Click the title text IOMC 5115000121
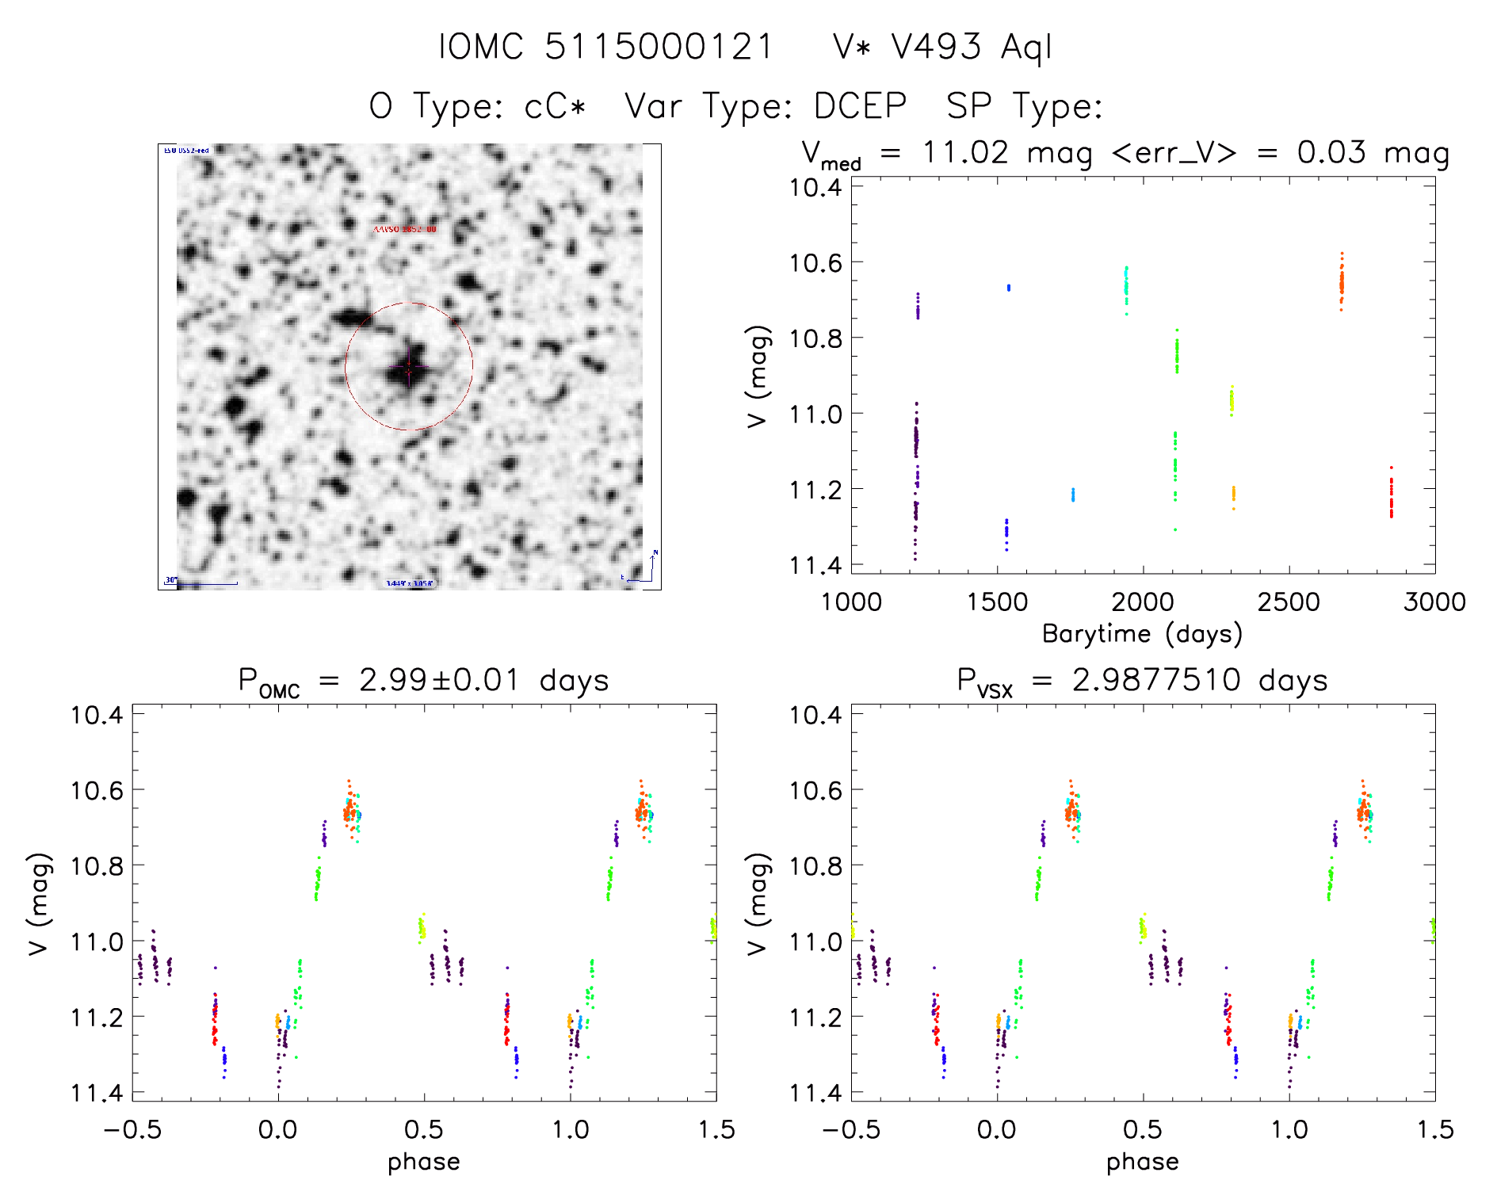point(606,47)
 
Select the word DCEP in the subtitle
point(860,106)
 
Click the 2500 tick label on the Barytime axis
point(1289,602)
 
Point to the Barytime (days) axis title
point(1142,634)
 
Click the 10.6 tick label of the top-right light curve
point(815,262)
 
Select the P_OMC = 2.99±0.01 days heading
point(424,681)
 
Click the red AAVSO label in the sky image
point(405,229)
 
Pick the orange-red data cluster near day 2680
point(1342,282)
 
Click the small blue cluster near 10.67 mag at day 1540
point(1009,288)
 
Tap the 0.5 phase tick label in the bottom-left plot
point(424,1129)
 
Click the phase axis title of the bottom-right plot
point(1142,1162)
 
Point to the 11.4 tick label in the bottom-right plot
point(815,1093)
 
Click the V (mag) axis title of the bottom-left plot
point(40,903)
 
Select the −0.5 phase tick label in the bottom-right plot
point(850,1129)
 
